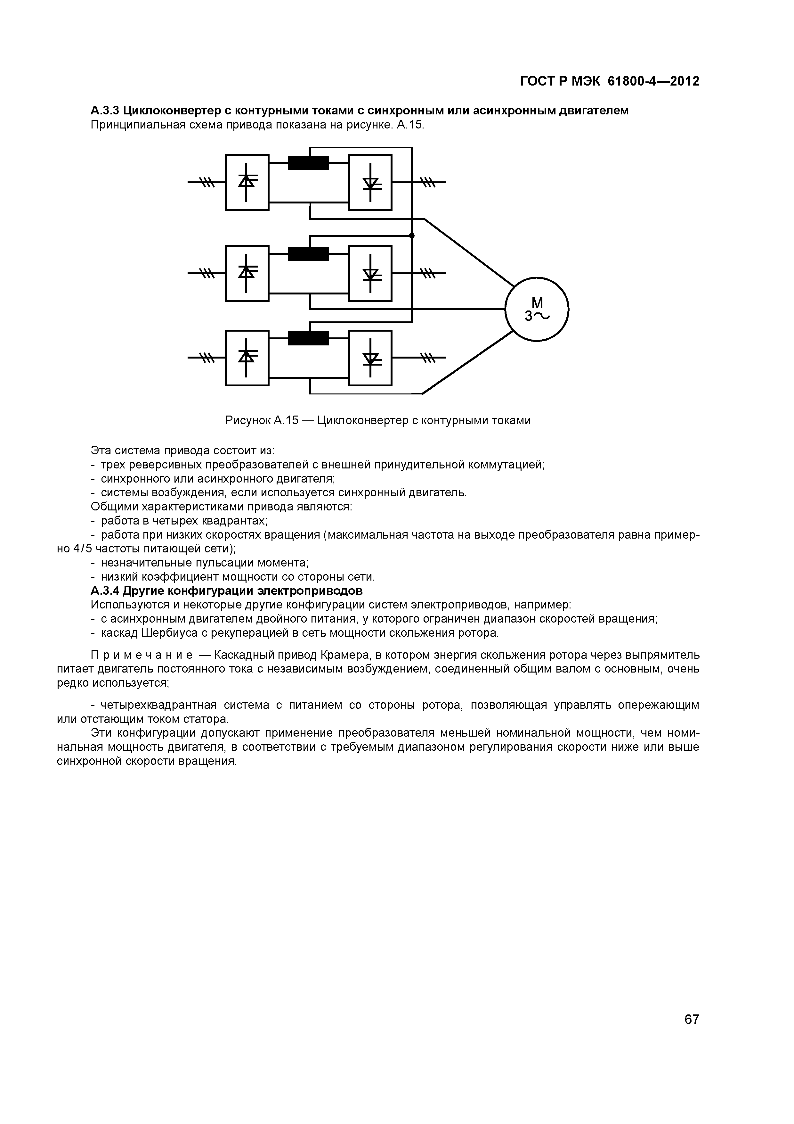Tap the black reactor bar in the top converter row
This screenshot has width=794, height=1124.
(x=308, y=162)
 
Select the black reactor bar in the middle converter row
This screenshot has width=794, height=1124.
(x=308, y=254)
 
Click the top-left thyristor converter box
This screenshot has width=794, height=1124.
(x=247, y=182)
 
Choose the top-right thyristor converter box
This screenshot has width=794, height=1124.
(x=370, y=182)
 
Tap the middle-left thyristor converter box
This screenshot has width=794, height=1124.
(x=247, y=273)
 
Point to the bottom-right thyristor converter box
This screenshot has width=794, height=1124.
(x=370, y=358)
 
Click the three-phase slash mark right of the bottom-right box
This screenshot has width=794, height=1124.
(x=428, y=358)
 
